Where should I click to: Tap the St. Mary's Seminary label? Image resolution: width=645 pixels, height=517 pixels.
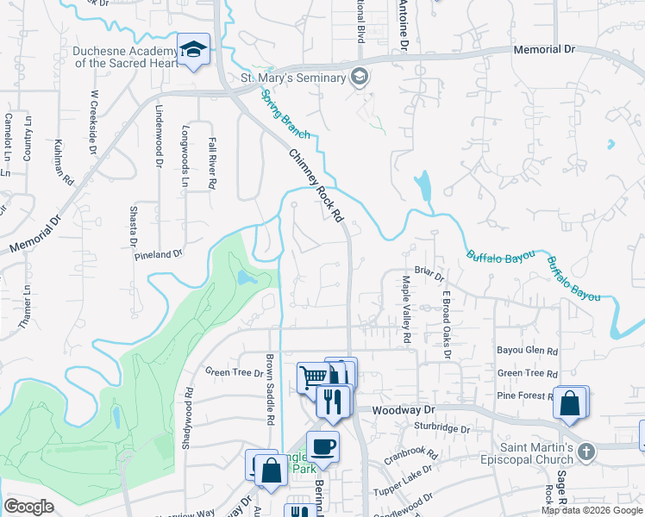(291, 78)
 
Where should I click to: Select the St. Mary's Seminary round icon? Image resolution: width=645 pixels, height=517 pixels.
(360, 78)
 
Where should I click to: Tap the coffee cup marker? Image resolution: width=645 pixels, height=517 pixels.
(322, 446)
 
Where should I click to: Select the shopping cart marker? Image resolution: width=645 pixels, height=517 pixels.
(312, 377)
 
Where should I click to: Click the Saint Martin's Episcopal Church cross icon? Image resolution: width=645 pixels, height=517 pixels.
(586, 451)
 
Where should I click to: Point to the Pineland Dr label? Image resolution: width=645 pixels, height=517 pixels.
(159, 255)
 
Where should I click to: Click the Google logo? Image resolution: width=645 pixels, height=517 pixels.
(28, 506)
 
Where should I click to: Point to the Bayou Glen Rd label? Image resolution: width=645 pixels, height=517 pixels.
(528, 352)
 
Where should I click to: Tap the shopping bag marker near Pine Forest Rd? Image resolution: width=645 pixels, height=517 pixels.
(571, 403)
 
